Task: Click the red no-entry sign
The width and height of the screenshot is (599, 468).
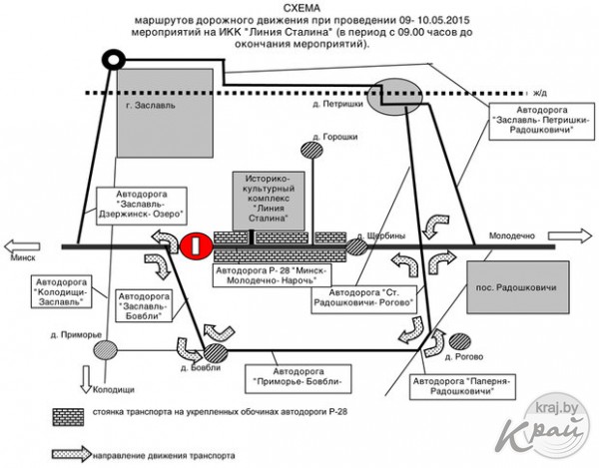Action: [197, 244]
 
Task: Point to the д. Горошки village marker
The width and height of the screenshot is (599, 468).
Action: [313, 151]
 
